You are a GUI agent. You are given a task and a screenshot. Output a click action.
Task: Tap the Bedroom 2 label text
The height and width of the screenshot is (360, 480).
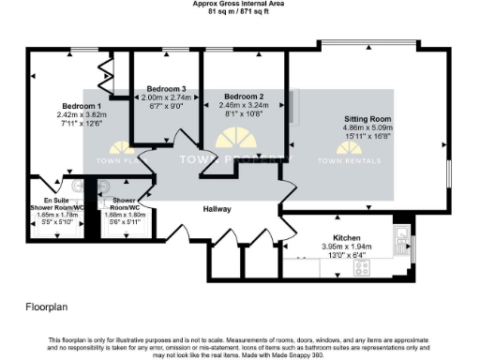coord(244,97)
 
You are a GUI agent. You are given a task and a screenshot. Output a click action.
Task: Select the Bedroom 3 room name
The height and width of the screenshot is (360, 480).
coord(167,88)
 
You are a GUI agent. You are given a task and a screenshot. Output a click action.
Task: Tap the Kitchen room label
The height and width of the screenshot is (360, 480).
coord(348,238)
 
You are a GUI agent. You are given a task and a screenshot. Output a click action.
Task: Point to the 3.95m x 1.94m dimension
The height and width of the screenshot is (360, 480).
coord(348,247)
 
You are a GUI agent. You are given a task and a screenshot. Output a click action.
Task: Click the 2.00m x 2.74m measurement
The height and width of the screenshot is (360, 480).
coord(167,97)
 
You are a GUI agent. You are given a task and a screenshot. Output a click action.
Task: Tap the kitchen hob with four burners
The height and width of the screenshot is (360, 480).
coord(361,268)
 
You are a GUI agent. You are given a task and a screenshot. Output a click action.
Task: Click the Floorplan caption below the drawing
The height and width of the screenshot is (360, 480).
coord(45,307)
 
